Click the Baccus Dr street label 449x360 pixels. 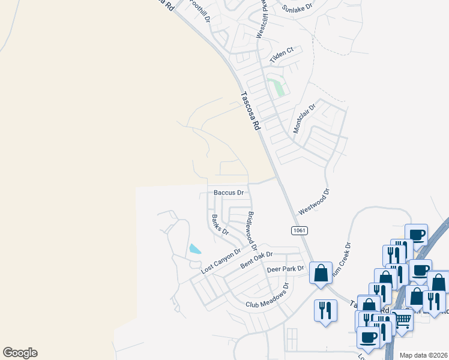[229, 193]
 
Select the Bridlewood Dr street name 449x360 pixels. [252, 231]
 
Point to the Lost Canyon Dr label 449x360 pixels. [220, 262]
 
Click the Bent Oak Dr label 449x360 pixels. [256, 260]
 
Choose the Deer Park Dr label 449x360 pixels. [286, 269]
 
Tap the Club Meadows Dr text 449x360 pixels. [267, 296]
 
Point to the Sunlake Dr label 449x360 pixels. [298, 8]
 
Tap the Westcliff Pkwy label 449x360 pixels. [262, 21]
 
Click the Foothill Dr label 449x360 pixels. [199, 11]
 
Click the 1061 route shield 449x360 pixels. [299, 230]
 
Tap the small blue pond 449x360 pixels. [195, 249]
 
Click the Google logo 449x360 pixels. [20, 353]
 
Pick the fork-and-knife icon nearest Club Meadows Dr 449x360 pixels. [325, 310]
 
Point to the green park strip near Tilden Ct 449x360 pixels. [278, 87]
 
